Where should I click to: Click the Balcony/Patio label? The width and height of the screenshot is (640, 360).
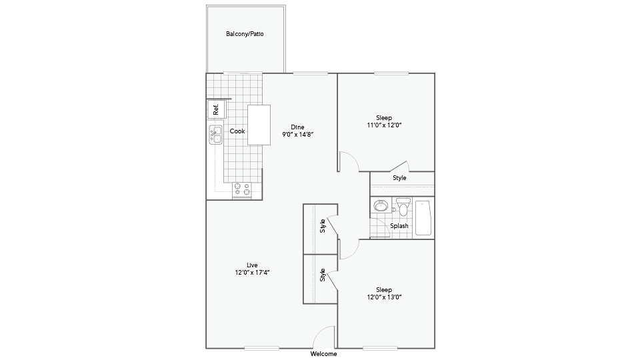245,34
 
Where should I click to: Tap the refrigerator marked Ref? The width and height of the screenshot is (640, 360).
216,109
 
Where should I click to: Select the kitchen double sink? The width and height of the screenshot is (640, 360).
215,135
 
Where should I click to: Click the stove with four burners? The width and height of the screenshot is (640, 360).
241,189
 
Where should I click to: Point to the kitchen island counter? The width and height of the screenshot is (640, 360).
259,125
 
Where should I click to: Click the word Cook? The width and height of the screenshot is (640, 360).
237,131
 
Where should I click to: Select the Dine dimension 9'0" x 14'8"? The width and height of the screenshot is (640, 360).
297,134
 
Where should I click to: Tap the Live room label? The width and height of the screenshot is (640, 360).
252,265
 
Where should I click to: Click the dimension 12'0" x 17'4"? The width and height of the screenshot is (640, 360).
252,273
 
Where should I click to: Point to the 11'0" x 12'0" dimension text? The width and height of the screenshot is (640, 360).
384,125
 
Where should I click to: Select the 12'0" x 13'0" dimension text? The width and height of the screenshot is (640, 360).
384,297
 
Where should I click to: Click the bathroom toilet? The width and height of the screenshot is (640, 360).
403,207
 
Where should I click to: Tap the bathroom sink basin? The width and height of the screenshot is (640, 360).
381,205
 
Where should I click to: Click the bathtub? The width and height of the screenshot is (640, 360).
423,217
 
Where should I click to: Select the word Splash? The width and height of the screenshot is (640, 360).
399,226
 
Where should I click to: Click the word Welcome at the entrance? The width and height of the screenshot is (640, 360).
324,354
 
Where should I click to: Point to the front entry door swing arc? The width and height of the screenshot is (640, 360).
319,331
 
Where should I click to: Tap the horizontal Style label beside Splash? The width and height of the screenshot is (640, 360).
399,178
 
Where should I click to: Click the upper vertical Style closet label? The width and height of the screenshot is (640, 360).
323,226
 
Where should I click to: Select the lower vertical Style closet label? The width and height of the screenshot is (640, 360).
323,275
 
